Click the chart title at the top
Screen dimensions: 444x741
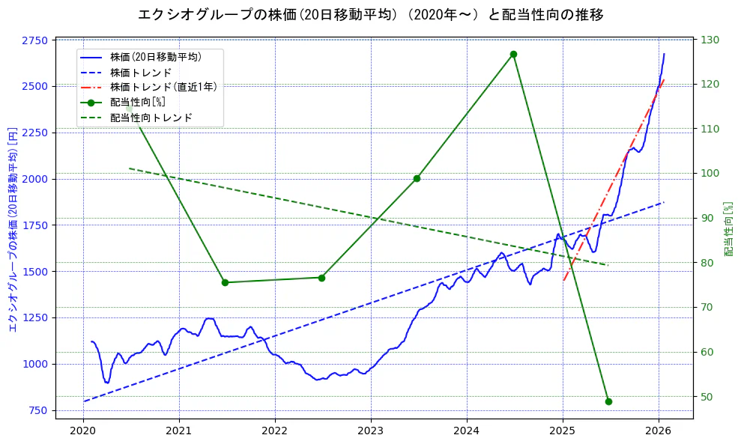point(370,15)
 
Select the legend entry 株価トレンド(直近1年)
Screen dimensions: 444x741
point(163,88)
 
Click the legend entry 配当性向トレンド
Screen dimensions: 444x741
point(151,118)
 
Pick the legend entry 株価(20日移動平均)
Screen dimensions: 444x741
point(155,57)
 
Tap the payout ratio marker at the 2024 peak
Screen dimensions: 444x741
point(513,54)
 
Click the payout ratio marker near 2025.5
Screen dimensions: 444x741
point(608,401)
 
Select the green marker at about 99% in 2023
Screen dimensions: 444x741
point(417,178)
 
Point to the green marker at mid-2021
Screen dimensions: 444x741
point(225,282)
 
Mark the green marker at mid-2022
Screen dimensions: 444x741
point(321,278)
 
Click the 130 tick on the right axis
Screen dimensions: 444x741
point(710,40)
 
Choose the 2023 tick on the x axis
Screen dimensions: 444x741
point(370,431)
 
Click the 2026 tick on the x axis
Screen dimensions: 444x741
point(658,431)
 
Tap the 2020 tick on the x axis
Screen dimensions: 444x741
point(82,431)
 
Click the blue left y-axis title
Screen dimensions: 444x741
point(13,228)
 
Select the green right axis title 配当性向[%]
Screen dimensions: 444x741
point(729,228)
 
